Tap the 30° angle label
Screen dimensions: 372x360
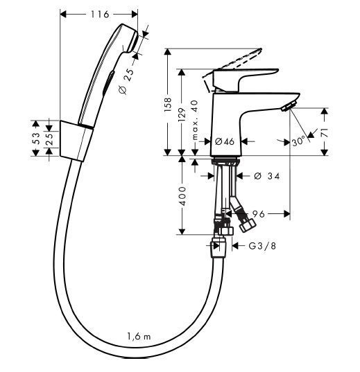coord(299,141)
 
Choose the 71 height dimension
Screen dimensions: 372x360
coord(325,131)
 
